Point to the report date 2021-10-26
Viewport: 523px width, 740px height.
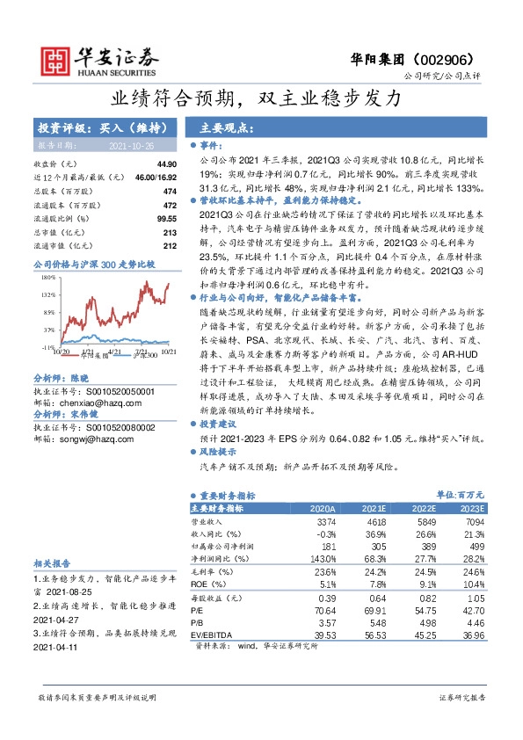[131, 144]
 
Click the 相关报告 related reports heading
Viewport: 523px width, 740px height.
[51, 562]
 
